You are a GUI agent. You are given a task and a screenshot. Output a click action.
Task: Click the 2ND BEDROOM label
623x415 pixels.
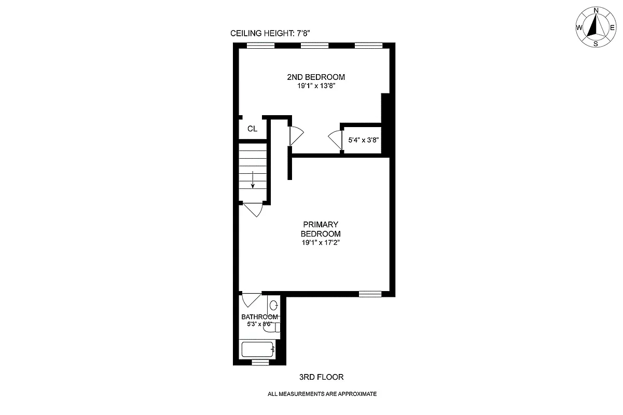(315, 77)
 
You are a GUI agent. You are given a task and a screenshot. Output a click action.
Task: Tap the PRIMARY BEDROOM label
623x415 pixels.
(321, 229)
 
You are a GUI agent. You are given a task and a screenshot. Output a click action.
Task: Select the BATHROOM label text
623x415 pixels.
(259, 317)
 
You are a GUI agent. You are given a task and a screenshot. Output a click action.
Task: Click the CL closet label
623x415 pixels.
(252, 129)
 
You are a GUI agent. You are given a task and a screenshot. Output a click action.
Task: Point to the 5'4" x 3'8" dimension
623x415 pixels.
(364, 140)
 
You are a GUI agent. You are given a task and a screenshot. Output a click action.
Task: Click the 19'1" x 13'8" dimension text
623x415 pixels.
(315, 86)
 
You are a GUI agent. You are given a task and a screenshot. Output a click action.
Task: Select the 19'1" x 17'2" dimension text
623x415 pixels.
(321, 242)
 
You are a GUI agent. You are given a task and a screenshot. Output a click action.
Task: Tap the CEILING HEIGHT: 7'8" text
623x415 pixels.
(270, 34)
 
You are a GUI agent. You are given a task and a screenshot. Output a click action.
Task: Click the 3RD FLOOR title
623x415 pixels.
(321, 377)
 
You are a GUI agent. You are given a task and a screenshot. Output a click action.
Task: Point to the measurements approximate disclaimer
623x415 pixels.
(322, 394)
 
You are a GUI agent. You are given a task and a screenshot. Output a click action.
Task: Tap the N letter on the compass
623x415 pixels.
(596, 10)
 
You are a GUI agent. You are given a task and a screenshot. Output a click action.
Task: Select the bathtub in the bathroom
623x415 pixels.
(258, 349)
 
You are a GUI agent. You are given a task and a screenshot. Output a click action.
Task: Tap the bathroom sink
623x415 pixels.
(274, 305)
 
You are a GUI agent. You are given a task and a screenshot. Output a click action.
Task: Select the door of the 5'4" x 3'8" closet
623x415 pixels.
(335, 140)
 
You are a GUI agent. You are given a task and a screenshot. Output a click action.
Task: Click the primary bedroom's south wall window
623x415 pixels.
(370, 294)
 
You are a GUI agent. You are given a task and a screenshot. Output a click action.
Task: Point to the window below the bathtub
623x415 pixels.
(260, 362)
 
